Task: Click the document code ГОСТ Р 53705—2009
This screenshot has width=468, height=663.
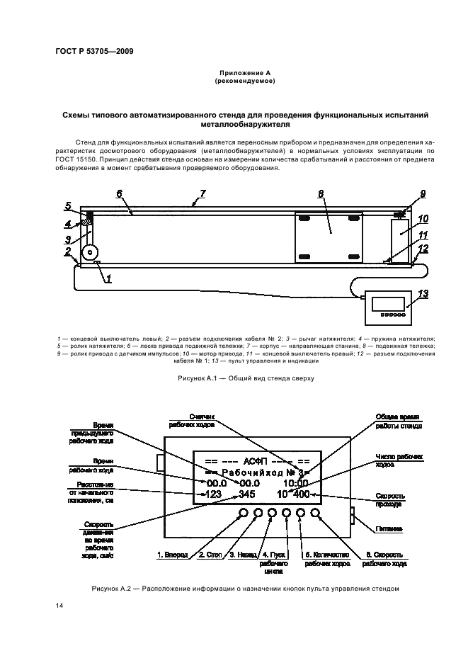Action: click(94, 51)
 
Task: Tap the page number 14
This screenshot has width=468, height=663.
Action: click(59, 604)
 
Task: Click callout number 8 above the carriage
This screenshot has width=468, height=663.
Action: click(321, 193)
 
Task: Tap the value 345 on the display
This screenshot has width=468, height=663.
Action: click(246, 494)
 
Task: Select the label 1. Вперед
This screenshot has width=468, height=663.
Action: click(172, 555)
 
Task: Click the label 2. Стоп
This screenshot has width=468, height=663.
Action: click(212, 555)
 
